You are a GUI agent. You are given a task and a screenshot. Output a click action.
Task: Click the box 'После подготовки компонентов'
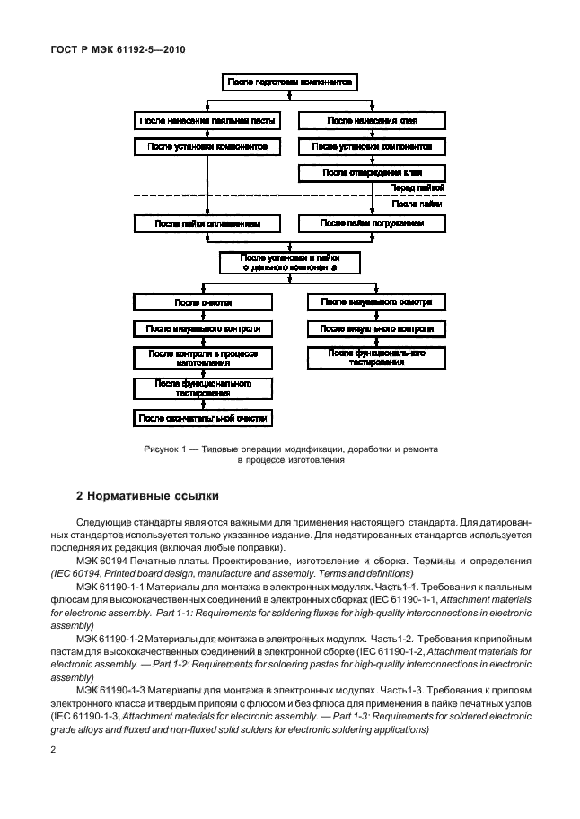pos(290,83)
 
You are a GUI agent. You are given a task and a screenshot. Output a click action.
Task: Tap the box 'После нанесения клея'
pos(372,119)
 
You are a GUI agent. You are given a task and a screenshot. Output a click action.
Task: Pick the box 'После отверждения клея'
pos(372,172)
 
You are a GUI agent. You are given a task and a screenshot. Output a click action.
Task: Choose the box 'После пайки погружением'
pos(372,222)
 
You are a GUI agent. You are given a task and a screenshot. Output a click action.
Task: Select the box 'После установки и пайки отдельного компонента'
pos(290,262)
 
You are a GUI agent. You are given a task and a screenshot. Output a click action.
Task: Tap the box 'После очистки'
pos(203,302)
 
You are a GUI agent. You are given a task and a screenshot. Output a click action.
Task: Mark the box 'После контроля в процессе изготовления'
pos(203,358)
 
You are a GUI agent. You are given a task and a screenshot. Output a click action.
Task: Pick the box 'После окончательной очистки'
pos(203,418)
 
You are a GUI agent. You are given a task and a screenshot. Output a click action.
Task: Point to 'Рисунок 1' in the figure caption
pos(163,448)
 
